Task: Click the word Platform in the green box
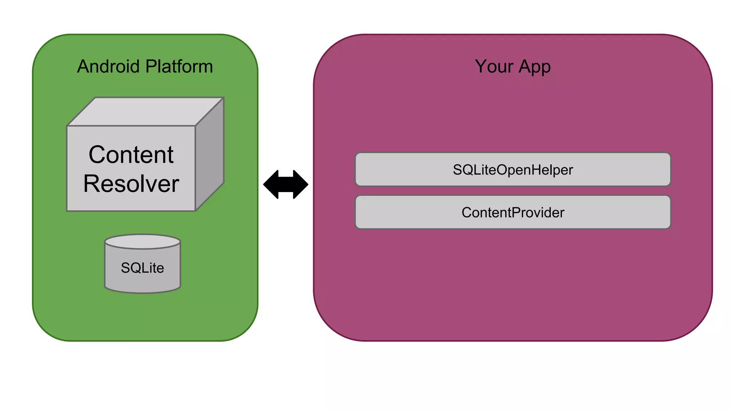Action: (179, 67)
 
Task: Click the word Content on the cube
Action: (131, 155)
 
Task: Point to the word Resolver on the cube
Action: (131, 184)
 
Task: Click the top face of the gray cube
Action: (145, 112)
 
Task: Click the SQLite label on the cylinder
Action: (142, 268)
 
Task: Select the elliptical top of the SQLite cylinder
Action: (142, 242)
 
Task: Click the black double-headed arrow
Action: (286, 185)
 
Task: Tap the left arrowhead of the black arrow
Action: (271, 185)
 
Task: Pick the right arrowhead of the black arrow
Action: (301, 185)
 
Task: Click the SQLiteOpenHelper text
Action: (513, 170)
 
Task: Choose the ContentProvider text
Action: (513, 212)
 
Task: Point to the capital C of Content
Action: (97, 155)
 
